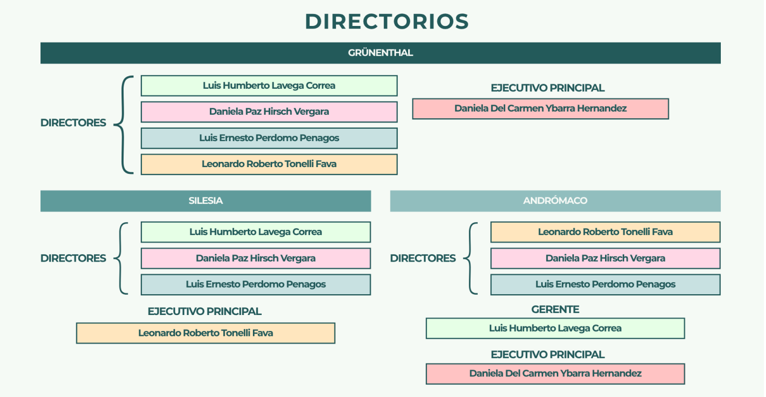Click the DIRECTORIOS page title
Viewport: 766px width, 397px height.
coord(387,21)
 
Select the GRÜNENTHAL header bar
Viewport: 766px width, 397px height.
coord(380,53)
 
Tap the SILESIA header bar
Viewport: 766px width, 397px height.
coord(206,201)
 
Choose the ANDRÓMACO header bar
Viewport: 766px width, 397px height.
coord(555,201)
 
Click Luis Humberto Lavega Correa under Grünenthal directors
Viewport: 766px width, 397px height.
coord(269,86)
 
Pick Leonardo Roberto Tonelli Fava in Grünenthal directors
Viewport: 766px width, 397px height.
coord(269,164)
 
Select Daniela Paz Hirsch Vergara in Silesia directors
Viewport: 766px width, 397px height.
coord(256,258)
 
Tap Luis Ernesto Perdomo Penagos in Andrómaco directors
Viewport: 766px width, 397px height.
coord(605,284)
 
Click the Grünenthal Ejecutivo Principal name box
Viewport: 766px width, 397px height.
coord(540,109)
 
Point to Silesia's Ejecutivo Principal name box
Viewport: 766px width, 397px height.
coord(206,333)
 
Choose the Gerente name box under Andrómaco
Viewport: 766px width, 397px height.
coord(555,328)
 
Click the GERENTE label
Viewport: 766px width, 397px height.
coord(555,309)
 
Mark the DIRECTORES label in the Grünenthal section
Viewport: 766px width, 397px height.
coord(73,123)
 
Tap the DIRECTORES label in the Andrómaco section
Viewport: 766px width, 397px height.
coord(423,258)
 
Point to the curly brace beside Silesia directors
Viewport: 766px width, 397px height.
coord(121,258)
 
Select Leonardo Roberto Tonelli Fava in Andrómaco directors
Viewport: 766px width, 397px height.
coord(605,232)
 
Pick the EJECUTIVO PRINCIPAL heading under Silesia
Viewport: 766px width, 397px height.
coord(205,311)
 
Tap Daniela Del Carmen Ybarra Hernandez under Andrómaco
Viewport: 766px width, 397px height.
coord(555,374)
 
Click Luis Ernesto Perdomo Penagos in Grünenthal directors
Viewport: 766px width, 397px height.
coord(269,138)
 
